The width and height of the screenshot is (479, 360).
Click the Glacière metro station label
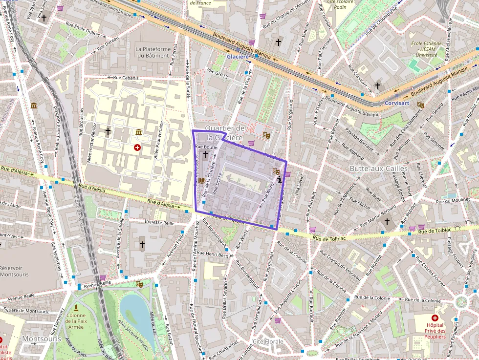pos(238,57)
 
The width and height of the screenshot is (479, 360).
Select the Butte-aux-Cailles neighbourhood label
pos(378,169)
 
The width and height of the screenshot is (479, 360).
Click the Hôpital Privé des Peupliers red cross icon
pos(435,318)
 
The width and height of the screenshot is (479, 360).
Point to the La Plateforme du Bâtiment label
pos(153,52)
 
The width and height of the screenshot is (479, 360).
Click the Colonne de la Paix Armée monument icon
pos(76,308)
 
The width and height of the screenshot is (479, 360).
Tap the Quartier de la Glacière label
pos(224,132)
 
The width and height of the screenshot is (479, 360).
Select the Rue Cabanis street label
pos(126,78)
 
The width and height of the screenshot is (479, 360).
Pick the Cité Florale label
pos(267,341)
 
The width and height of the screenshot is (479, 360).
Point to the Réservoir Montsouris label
pos(14,271)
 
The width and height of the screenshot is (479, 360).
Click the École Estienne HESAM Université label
pos(423,49)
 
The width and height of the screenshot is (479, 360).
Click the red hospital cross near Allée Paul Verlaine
pos(137,147)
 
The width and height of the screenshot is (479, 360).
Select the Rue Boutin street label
pos(206,147)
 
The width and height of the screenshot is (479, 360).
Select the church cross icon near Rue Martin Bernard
pos(387,222)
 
